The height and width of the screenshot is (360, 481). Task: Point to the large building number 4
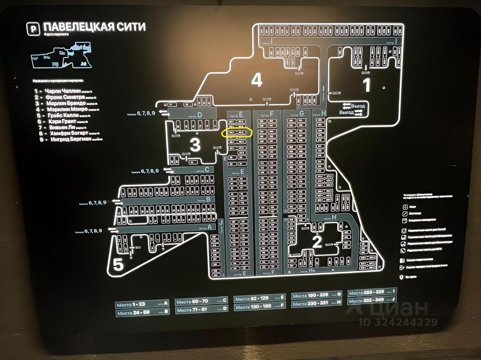coord(257,80)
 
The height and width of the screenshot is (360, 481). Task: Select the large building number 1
coord(366,85)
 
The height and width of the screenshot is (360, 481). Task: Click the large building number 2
coord(317,242)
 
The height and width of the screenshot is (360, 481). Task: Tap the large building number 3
coord(195,145)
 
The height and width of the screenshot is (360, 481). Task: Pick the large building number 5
coord(119,265)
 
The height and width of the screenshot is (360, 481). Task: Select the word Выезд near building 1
coord(346,113)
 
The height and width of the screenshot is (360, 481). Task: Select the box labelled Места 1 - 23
coord(142,305)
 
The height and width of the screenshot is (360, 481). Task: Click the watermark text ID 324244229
coord(399,322)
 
